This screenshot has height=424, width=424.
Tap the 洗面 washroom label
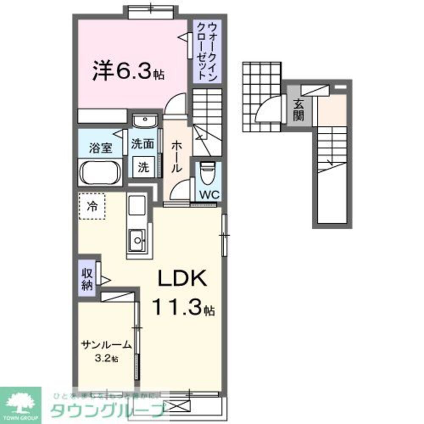tap(142, 144)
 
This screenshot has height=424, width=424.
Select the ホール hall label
tap(177, 156)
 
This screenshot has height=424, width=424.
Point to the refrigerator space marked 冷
tap(92, 206)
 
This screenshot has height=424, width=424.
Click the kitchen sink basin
tap(137, 242)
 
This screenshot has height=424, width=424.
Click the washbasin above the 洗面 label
tap(144, 121)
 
